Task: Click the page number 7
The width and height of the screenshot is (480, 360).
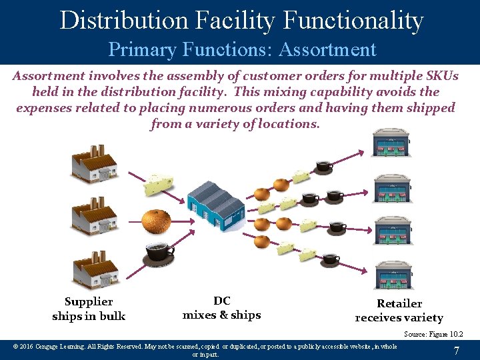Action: (456, 351)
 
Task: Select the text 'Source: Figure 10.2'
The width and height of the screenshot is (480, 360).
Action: (433, 334)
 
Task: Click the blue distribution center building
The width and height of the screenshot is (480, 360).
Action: (215, 203)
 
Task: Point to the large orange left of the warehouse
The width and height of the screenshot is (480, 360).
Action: (157, 221)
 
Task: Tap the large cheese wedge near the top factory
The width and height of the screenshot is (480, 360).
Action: (159, 184)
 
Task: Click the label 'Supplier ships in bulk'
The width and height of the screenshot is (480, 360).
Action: (89, 309)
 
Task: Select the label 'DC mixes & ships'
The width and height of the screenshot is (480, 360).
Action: (221, 307)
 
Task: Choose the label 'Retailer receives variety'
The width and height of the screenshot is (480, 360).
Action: (399, 310)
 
